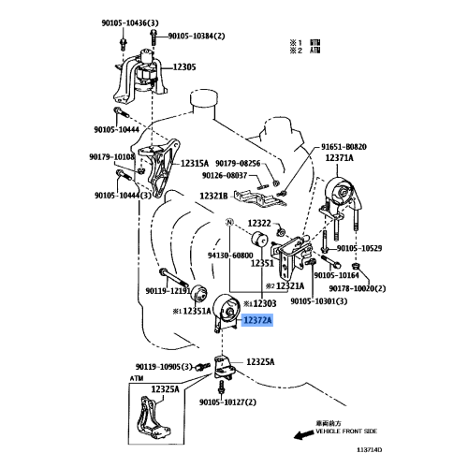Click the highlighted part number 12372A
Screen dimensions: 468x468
(x=257, y=320)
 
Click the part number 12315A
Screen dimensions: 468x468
(x=194, y=163)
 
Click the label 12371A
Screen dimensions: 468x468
(x=340, y=158)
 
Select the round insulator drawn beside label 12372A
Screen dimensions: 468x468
(x=224, y=309)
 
